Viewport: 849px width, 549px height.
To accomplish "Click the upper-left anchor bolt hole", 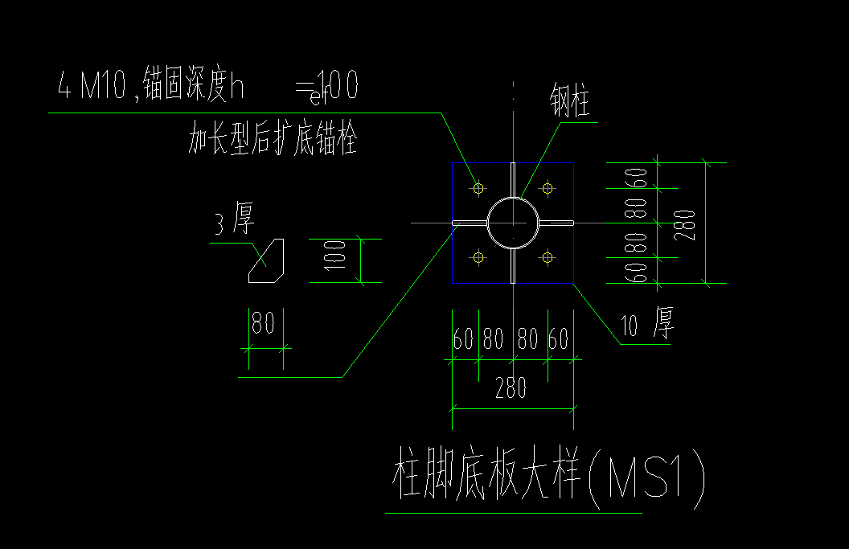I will coord(479,188).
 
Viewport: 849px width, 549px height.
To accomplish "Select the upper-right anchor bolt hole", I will coord(548,188).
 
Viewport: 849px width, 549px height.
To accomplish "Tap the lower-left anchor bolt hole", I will coord(479,257).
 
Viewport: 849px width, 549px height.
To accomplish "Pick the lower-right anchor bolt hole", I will coord(548,257).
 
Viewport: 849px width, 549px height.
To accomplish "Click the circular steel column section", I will coord(513,223).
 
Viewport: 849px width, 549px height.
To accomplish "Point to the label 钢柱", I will coord(571,102).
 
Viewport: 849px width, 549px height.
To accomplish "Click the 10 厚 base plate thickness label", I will coord(648,324).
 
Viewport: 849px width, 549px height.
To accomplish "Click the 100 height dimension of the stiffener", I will coord(337,260).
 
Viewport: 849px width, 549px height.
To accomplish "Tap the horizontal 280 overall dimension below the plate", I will coord(511,389).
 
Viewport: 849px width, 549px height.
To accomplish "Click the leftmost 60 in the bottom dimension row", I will coord(463,339).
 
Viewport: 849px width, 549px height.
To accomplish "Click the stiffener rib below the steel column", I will coord(513,264).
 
